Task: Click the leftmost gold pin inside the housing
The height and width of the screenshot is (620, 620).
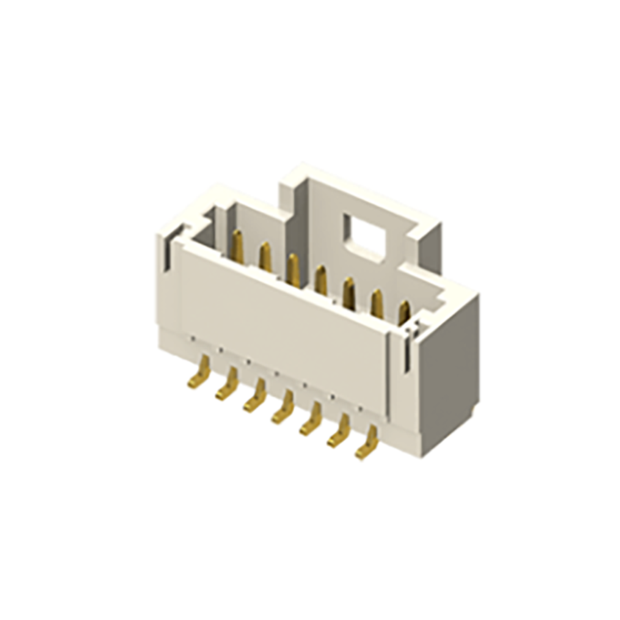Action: (238, 247)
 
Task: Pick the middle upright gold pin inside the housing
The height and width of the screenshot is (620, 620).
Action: (320, 279)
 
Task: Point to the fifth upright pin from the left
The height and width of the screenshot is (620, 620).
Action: (349, 290)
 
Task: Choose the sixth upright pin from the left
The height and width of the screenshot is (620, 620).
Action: (377, 302)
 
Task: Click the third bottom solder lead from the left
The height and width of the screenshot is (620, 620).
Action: (255, 400)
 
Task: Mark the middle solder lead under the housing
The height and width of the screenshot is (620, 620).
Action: (282, 411)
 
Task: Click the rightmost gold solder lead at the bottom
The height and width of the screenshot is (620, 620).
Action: (367, 445)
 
